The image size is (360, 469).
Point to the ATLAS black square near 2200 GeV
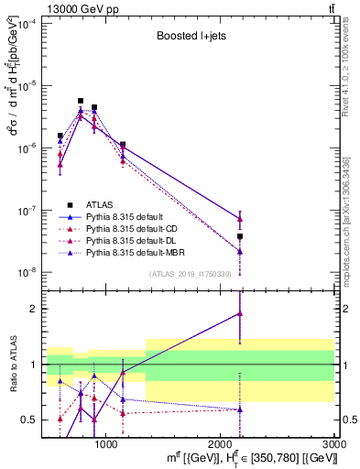coord(240,236)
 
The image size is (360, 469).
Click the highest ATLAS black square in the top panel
coord(81,101)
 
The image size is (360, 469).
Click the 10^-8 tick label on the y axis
coord(26,272)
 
